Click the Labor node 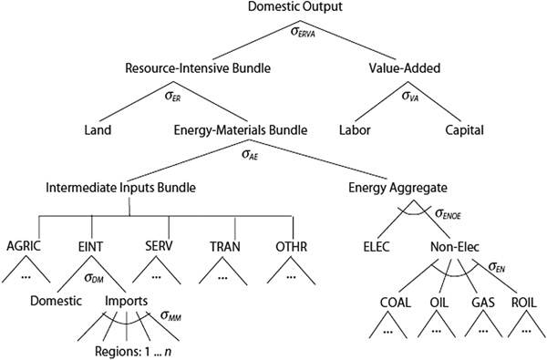pyautogui.click(x=357, y=129)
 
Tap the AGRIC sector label pyautogui.click(x=25, y=246)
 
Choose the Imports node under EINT pyautogui.click(x=128, y=300)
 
